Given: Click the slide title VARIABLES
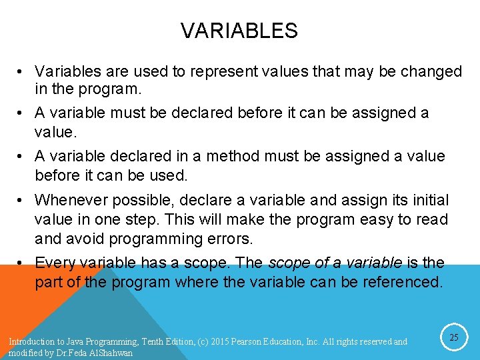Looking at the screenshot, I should (239, 31).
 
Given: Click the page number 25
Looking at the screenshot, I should (453, 338).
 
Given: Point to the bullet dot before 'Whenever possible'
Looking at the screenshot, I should (23, 201).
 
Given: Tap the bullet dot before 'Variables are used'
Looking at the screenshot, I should (23, 72).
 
